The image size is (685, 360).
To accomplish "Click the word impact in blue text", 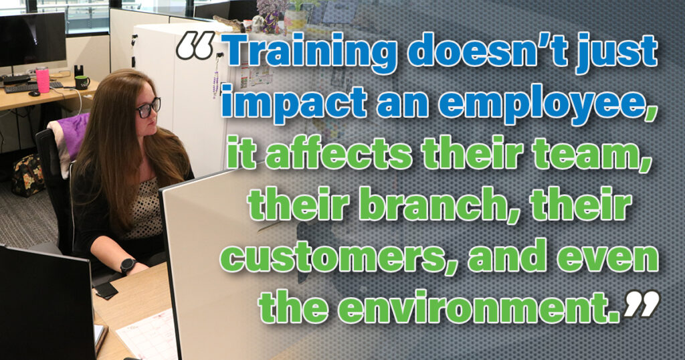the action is [x=293, y=104].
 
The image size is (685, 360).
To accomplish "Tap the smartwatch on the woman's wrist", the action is [x=128, y=265].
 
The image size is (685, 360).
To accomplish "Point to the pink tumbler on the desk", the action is [x=43, y=80].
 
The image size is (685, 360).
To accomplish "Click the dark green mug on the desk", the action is [x=81, y=82].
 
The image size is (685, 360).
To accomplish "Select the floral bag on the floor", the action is [x=28, y=175].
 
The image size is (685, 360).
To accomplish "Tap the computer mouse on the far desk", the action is [x=34, y=93].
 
